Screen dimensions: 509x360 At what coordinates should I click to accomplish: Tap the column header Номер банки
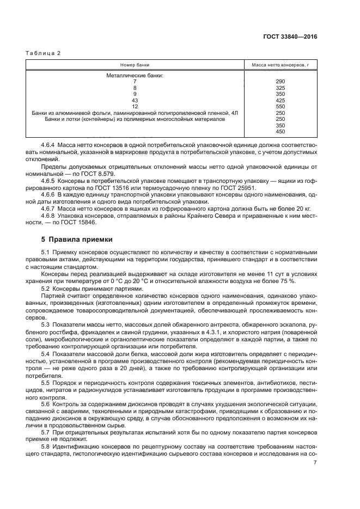[x=135, y=65]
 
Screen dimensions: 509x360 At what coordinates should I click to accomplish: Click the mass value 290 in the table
[x=280, y=81]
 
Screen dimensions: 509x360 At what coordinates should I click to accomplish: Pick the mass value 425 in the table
[x=280, y=100]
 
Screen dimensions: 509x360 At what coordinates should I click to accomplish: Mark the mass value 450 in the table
[x=280, y=131]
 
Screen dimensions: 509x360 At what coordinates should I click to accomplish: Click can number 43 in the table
[x=135, y=100]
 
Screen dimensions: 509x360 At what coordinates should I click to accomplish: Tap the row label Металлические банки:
[x=135, y=75]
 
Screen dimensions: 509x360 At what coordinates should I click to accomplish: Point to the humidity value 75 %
[x=288, y=280]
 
